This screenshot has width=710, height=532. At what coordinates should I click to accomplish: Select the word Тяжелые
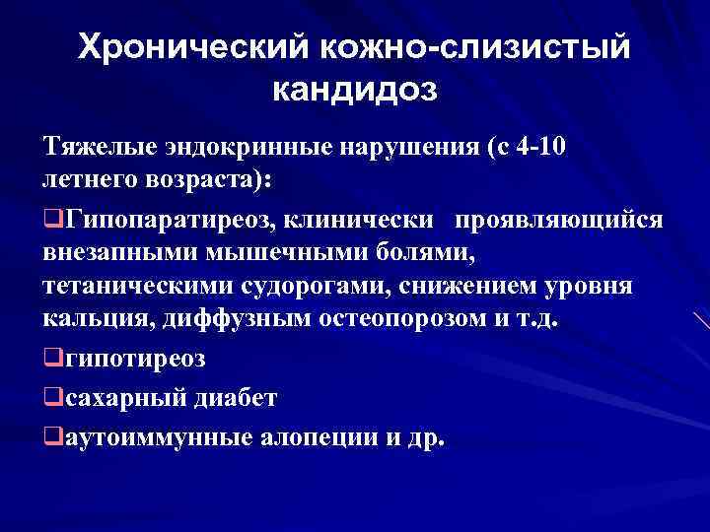click(96, 150)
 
